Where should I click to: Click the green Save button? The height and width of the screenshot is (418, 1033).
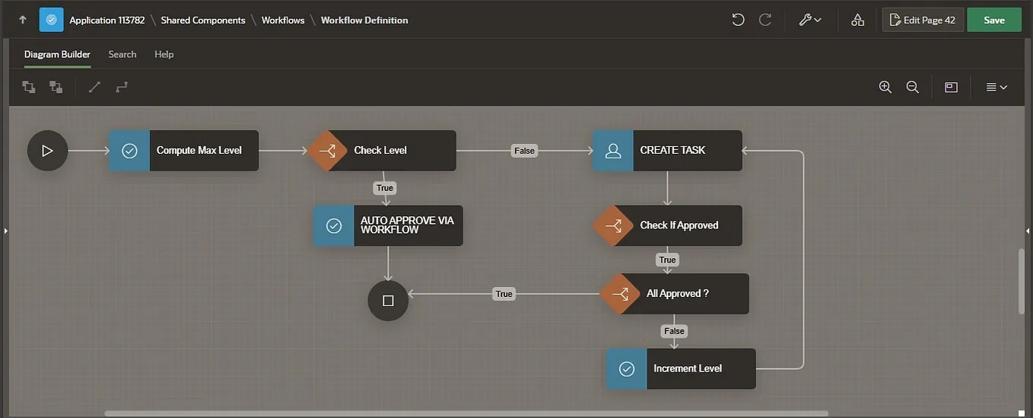[x=993, y=20]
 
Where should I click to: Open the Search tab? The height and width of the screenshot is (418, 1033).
[x=122, y=55]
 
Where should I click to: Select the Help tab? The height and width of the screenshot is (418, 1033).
[x=164, y=55]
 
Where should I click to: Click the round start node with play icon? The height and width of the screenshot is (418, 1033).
[x=47, y=151]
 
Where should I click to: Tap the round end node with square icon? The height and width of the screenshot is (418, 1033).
[x=388, y=301]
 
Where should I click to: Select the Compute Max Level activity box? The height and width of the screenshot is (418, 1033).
[x=183, y=151]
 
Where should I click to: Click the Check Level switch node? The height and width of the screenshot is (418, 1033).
[x=382, y=151]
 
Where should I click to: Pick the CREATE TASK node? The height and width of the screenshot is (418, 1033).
[x=667, y=151]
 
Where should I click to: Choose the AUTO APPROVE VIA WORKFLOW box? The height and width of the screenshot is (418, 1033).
[x=388, y=225]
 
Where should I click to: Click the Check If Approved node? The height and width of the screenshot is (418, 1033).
[x=667, y=225]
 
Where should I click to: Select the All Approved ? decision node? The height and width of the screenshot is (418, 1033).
[x=674, y=294]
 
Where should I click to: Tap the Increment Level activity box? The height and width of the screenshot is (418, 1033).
[x=681, y=369]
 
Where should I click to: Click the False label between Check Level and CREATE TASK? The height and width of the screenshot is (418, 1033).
[x=524, y=151]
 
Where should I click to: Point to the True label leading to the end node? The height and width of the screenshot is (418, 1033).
[x=504, y=294]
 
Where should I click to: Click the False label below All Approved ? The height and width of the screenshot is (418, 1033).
[x=674, y=331]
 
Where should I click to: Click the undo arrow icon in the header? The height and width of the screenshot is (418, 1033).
[x=738, y=20]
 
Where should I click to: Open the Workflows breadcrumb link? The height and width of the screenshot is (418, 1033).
[x=283, y=21]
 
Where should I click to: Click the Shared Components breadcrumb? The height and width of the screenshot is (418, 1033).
[x=203, y=21]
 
